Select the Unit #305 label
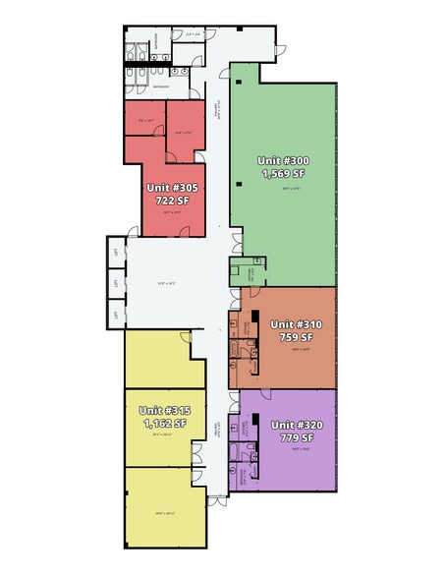coord(171,187)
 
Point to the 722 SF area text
coord(171,201)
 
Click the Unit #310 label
coord(296,323)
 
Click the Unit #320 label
coord(296,425)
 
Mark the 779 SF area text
coord(296,438)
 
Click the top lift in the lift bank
coord(116,254)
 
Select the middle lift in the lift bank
coord(116,284)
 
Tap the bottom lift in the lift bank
coord(116,315)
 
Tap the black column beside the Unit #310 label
coord(253,319)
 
